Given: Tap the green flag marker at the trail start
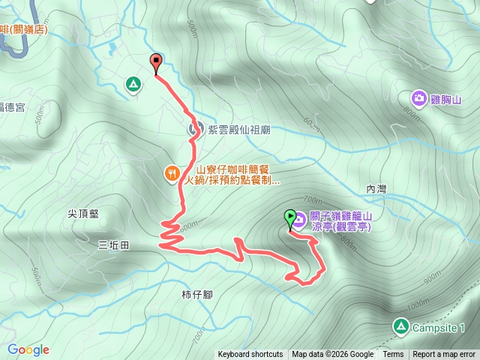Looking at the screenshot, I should [x=290, y=218].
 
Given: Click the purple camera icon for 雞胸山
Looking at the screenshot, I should [x=418, y=97].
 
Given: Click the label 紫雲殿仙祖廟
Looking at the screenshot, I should [x=238, y=130].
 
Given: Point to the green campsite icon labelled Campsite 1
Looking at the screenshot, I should [x=400, y=327].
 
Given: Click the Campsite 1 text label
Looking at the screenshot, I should [x=440, y=328].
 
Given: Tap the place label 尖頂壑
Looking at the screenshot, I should [x=83, y=213].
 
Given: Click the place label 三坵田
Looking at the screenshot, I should [x=113, y=244].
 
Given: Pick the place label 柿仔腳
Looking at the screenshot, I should [x=196, y=294].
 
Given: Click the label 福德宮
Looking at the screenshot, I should [x=12, y=107].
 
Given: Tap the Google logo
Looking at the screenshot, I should [x=28, y=349].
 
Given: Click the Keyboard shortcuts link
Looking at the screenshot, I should [x=250, y=355].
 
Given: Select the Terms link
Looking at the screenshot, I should [x=393, y=355].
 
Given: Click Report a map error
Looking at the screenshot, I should [x=444, y=355].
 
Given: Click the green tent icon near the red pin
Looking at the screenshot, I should [x=133, y=84].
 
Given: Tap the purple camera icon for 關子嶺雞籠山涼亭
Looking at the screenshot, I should [x=299, y=219].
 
